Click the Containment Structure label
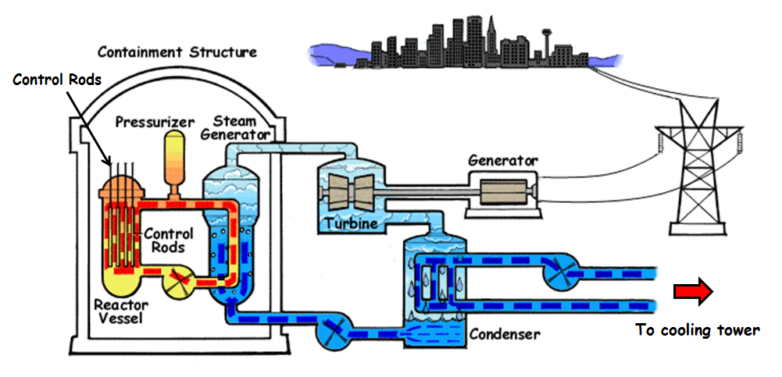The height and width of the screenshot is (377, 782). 177,52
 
